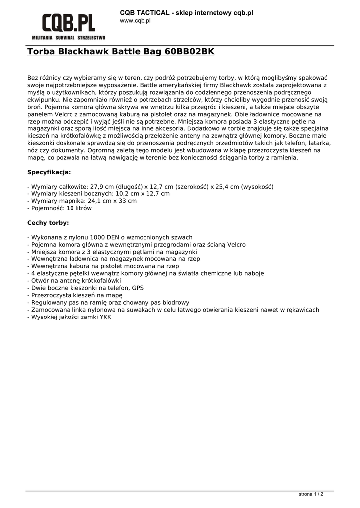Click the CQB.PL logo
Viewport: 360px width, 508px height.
coord(68,23)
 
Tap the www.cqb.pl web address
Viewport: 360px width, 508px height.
coord(135,21)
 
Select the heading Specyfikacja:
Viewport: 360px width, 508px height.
coord(49,172)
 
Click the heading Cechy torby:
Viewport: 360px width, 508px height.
coord(48,223)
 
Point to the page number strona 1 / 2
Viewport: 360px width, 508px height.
coord(311,494)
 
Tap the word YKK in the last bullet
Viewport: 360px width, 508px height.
coord(105,317)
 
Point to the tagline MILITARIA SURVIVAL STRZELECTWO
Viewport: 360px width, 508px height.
coord(69,38)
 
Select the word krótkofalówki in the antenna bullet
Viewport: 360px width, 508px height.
coord(90,280)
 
